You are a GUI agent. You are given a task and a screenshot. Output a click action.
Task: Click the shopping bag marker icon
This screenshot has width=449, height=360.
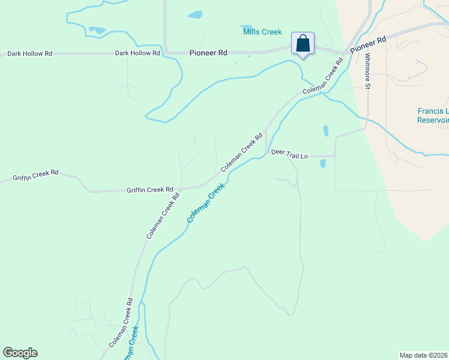point(303,44)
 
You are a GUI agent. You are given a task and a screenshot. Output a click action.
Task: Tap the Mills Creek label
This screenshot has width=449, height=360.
point(262,32)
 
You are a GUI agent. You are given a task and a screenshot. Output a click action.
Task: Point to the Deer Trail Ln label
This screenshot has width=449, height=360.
point(289,154)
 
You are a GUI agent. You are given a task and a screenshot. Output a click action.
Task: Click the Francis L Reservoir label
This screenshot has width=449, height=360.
point(433,115)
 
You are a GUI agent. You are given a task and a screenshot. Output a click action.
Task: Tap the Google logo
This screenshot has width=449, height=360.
point(20,353)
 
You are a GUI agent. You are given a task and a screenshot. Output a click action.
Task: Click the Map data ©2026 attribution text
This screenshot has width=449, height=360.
point(424,355)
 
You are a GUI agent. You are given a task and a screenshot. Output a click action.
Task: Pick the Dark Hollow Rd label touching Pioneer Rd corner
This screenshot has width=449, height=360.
point(137,53)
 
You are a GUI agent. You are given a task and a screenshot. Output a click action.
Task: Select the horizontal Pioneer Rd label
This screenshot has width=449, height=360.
point(208,53)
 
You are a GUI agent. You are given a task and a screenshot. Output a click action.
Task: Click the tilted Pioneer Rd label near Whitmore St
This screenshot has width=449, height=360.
point(368,45)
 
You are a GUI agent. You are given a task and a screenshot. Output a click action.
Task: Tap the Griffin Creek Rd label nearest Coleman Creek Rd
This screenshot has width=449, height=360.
point(149,190)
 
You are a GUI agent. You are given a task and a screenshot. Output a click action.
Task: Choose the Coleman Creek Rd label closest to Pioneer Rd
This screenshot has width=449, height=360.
point(322,76)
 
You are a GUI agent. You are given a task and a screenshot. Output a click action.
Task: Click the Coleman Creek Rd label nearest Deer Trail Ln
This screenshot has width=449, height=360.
point(242,152)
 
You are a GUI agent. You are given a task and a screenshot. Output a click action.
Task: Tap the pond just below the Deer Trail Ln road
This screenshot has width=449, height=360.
point(322,163)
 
